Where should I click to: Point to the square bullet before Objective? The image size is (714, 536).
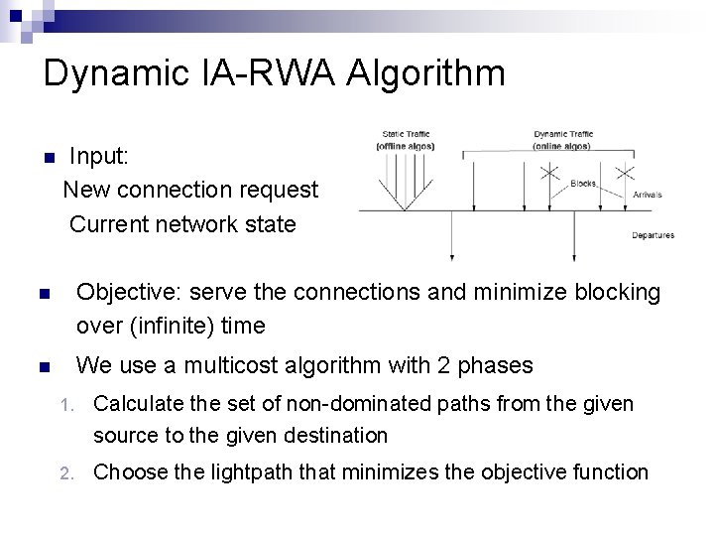click(44, 295)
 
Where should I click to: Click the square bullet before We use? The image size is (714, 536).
click(44, 367)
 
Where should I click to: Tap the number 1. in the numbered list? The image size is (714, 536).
click(67, 405)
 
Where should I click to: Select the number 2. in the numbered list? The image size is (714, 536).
click(67, 473)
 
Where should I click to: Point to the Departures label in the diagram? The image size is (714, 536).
click(653, 235)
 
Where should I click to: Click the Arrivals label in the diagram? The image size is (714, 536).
click(648, 195)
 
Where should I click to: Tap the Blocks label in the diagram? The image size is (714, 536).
click(583, 183)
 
